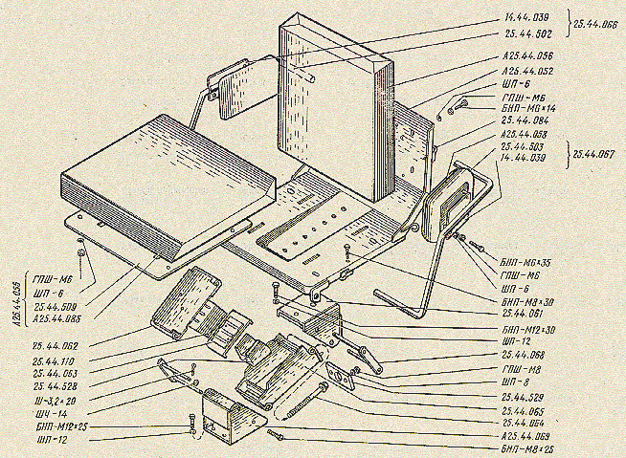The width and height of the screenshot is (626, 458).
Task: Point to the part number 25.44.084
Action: (524, 123)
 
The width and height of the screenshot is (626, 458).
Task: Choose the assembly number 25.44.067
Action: (597, 152)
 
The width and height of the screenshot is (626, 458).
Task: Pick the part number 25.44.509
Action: (56, 307)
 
